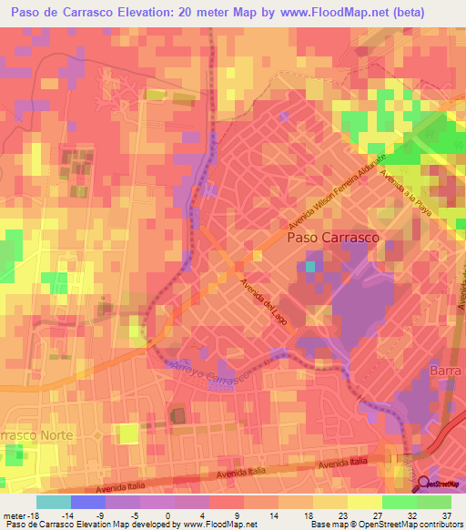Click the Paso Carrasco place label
coord(333,238)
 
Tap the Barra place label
coord(446,372)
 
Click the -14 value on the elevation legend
coord(66,515)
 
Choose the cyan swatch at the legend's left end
coord(53,502)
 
